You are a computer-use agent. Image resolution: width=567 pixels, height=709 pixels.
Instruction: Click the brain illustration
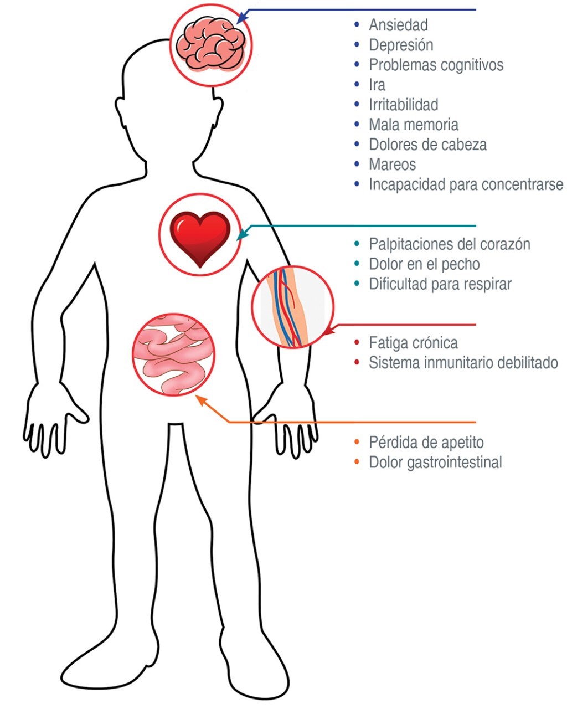pos(210,44)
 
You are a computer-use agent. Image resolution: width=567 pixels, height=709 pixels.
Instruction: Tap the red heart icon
pos(200,238)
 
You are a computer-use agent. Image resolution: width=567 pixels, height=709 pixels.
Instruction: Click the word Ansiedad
pos(398,25)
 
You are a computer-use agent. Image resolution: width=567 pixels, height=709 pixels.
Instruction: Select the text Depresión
pos(401,45)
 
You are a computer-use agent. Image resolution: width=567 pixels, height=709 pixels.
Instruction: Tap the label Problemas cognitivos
pos(436,65)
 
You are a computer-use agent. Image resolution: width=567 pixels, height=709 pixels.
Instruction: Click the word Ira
pos(377,85)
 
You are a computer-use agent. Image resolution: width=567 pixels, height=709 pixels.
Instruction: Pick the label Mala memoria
pos(413,125)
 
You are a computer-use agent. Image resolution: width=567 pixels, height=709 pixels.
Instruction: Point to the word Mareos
pos(392,165)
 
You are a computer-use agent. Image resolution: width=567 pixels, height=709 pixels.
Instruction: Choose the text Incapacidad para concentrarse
pos(466,184)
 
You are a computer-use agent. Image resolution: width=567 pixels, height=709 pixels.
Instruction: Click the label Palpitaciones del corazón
pos(449,244)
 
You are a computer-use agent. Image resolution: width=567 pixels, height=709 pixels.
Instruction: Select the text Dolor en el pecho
pos(424,264)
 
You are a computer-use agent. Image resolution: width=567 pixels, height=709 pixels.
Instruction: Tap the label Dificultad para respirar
pos(440,284)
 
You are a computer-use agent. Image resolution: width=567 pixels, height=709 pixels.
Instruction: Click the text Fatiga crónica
pos(413,343)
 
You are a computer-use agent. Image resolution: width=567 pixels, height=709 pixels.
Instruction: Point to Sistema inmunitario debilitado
pos(463,363)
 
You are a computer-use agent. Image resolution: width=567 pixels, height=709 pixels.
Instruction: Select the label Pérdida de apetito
pos(426,443)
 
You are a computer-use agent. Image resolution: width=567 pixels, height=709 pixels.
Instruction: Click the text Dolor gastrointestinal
pos(435,463)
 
